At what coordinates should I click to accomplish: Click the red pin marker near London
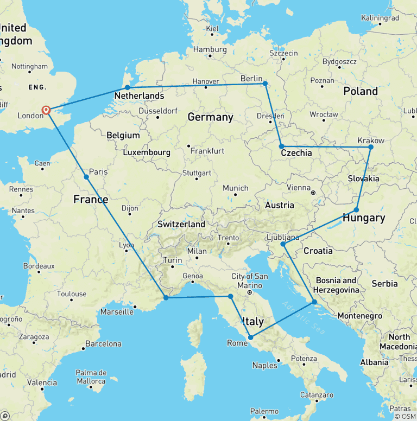(x=46, y=110)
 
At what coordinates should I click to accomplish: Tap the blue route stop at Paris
(x=86, y=177)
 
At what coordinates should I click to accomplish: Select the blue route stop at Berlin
(x=265, y=84)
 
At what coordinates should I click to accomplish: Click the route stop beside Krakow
(x=371, y=147)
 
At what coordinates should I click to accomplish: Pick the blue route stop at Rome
(x=250, y=337)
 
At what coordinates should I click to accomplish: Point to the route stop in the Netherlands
(x=127, y=87)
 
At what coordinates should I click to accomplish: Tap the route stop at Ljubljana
(x=283, y=244)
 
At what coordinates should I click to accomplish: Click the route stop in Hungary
(x=356, y=210)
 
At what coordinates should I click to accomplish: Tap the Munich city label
(x=236, y=188)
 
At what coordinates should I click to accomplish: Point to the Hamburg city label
(x=209, y=49)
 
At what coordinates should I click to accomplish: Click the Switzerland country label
(x=181, y=224)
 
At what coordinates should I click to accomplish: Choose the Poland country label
(x=361, y=91)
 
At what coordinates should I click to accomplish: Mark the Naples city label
(x=264, y=365)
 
